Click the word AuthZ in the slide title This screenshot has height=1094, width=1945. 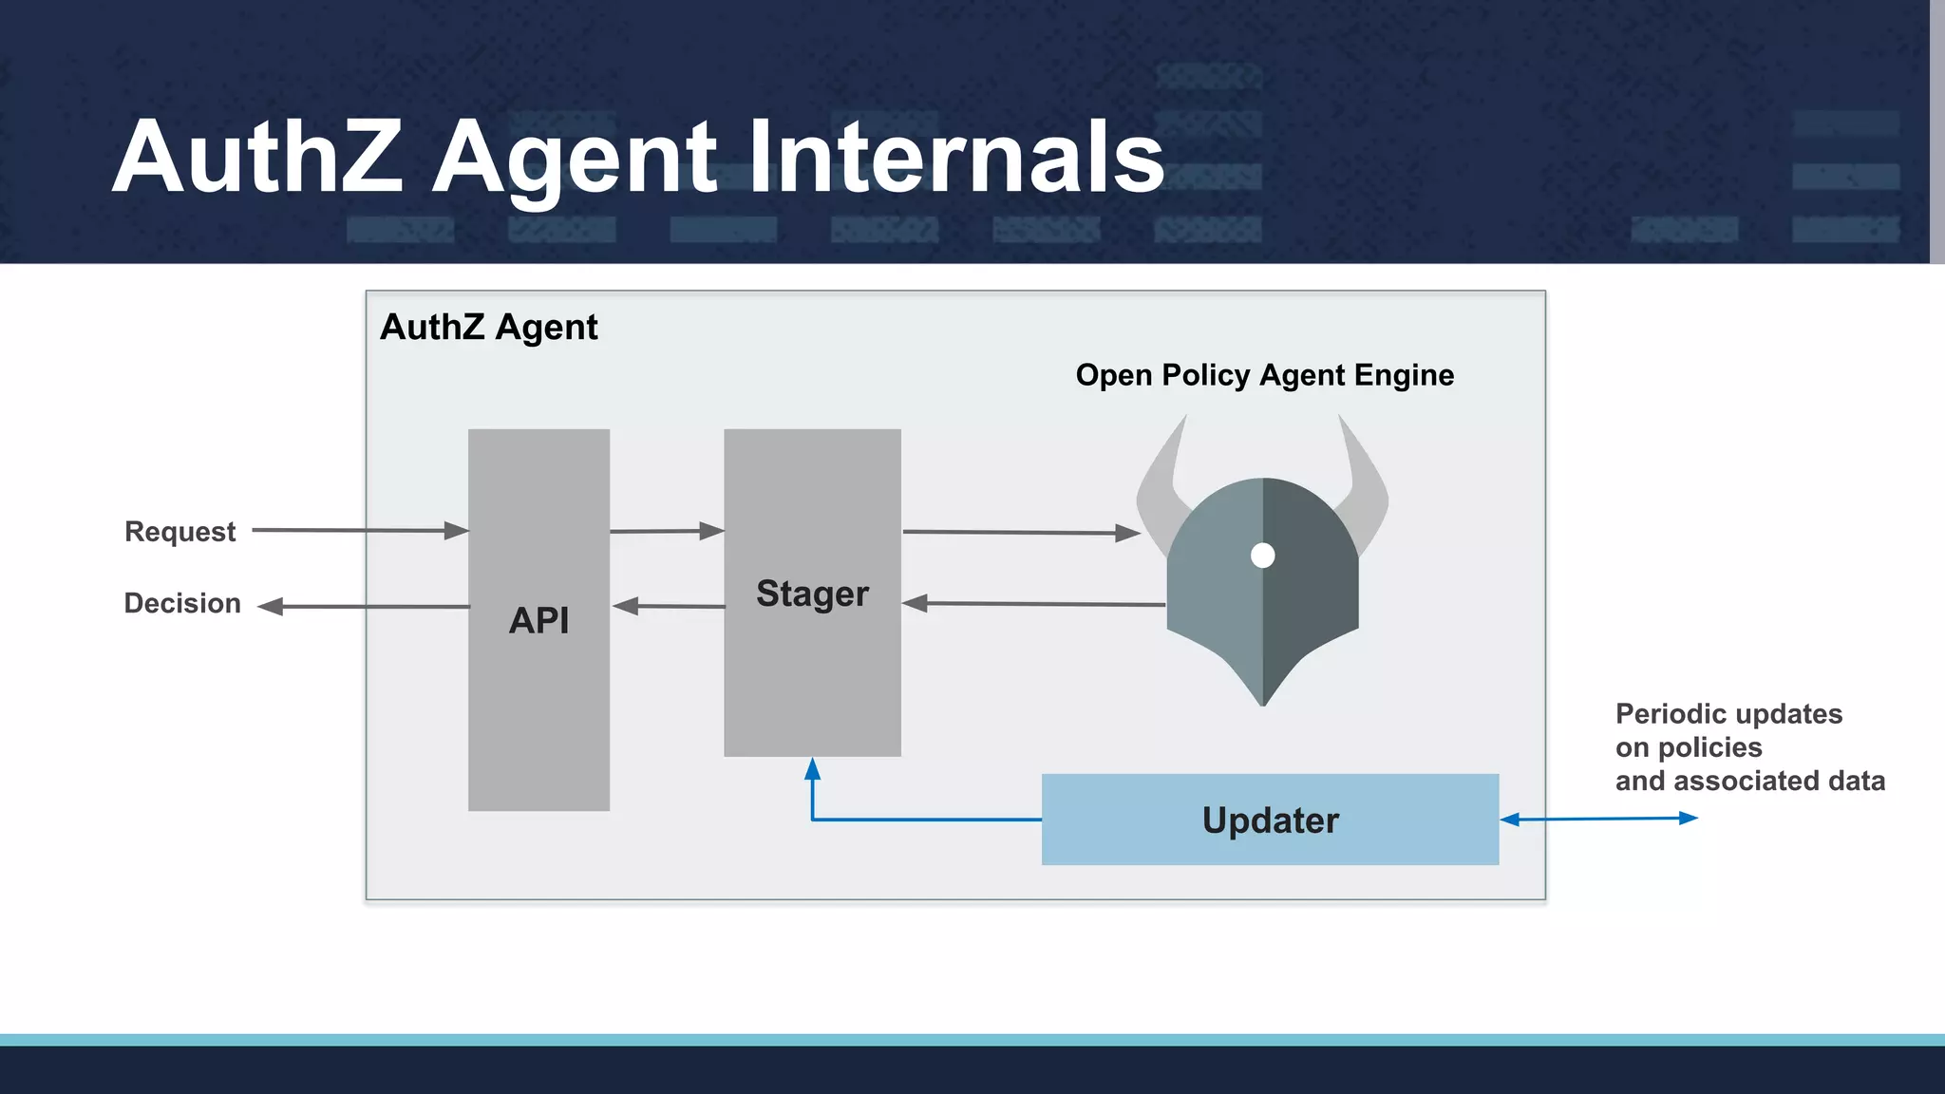[x=256, y=158]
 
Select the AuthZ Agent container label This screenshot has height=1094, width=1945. [x=488, y=328]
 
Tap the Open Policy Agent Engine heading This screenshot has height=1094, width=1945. [x=1264, y=375]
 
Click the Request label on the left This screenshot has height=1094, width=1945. [x=179, y=532]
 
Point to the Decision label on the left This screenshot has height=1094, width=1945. [x=182, y=604]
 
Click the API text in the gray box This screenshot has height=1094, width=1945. [x=538, y=620]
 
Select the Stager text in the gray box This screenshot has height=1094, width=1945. [x=812, y=594]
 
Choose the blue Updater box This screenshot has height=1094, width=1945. [x=1270, y=820]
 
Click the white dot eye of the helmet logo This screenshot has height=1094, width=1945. [x=1262, y=556]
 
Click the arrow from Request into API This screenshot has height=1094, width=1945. [x=361, y=530]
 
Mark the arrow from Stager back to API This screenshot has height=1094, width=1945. [x=670, y=606]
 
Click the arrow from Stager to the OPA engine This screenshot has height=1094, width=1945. [x=1021, y=533]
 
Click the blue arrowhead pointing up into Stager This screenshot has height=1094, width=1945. [x=812, y=769]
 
